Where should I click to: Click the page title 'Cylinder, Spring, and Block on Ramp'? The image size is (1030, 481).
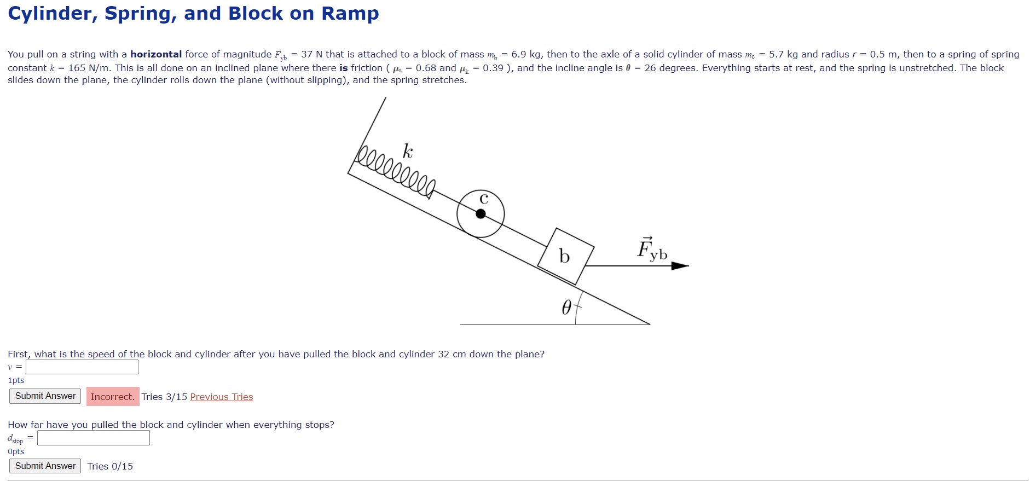click(193, 14)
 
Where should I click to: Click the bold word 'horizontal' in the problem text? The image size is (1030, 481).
click(155, 54)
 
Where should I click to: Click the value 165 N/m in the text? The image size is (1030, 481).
click(88, 68)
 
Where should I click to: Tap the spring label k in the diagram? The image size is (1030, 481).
click(408, 152)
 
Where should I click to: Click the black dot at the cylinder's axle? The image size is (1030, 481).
click(481, 214)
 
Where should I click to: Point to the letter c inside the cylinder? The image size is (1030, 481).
click(484, 199)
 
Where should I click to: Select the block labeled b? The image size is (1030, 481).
click(565, 256)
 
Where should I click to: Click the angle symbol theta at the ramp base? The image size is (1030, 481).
click(566, 308)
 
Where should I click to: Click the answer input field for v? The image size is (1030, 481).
click(82, 367)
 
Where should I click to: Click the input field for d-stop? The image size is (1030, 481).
click(94, 438)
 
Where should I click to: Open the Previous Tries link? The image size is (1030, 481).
click(221, 397)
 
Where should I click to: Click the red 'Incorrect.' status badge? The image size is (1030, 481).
click(113, 397)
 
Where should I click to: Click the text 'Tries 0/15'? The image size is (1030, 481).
click(110, 466)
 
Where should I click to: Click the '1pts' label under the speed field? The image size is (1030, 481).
click(16, 380)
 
